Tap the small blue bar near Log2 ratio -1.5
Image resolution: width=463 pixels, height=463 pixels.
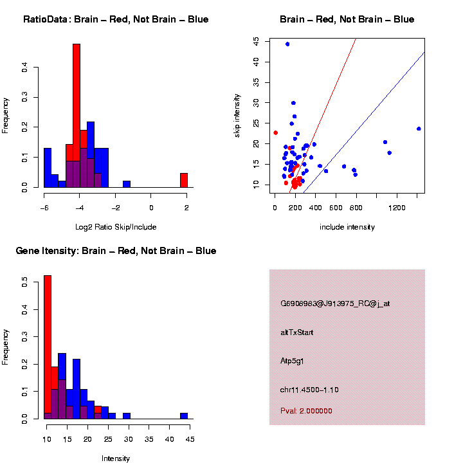coord(127,184)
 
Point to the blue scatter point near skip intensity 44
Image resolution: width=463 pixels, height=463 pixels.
coord(287,44)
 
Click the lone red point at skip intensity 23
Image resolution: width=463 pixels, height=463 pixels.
coord(275,133)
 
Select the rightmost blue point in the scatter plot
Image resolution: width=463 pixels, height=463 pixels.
coord(419,129)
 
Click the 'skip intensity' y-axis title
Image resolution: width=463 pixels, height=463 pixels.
coord(237,114)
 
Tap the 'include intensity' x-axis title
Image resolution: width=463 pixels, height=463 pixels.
coord(347,227)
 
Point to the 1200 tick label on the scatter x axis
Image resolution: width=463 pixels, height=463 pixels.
coord(397,207)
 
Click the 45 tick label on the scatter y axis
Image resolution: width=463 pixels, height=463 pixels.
coord(257,41)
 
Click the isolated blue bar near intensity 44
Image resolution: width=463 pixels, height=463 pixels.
coord(183,415)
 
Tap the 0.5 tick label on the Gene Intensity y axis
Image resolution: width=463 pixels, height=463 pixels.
coord(24,281)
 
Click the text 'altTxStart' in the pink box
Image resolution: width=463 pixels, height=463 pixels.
coord(297,332)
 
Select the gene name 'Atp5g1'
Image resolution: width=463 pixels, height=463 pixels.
coord(293,361)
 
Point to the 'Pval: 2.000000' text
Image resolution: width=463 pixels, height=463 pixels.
coord(306,411)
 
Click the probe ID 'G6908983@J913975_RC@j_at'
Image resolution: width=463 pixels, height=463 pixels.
coord(335,304)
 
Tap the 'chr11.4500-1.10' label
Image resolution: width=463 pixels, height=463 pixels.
coord(309,390)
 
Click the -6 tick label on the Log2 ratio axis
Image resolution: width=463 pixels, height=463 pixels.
coord(43,207)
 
